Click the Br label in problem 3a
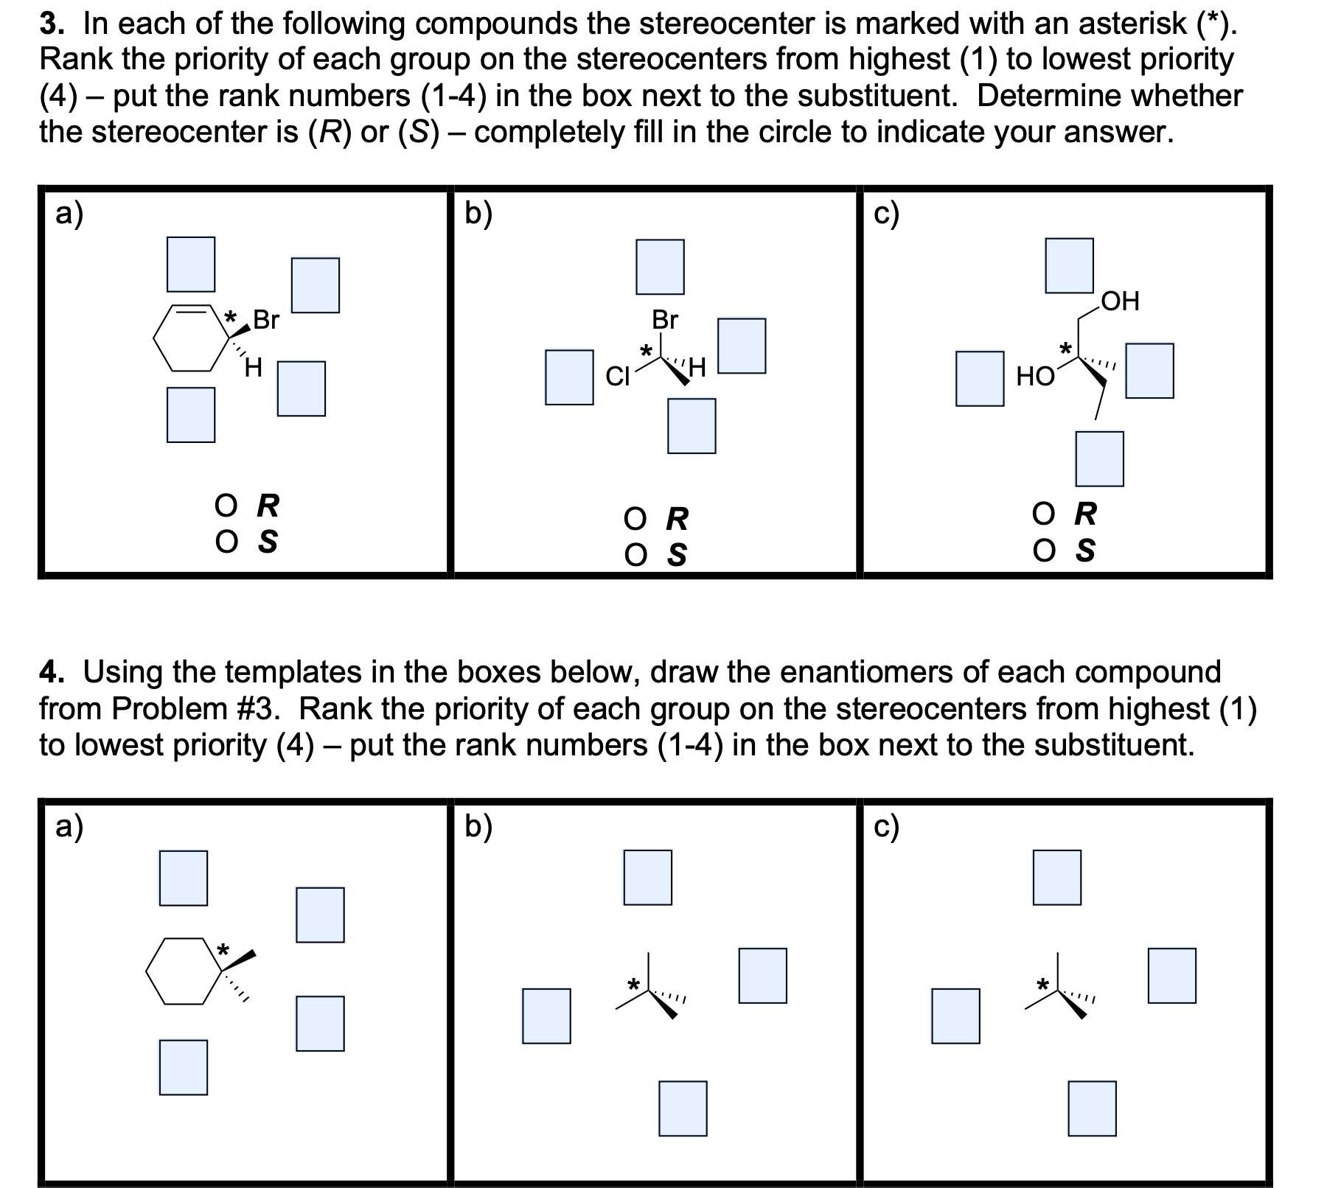point(266,320)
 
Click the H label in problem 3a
point(253,367)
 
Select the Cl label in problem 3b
point(617,377)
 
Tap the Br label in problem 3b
point(664,320)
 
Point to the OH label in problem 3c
point(1120,301)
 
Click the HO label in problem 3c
point(1035,377)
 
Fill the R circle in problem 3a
point(226,506)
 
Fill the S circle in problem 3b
point(635,555)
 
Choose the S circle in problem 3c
point(1044,550)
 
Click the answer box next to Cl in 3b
point(569,377)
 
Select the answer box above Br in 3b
point(660,267)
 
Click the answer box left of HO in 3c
point(979,379)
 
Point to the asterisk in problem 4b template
point(632,984)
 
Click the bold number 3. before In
point(51,24)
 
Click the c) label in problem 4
point(885,828)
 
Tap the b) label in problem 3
point(478,214)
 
